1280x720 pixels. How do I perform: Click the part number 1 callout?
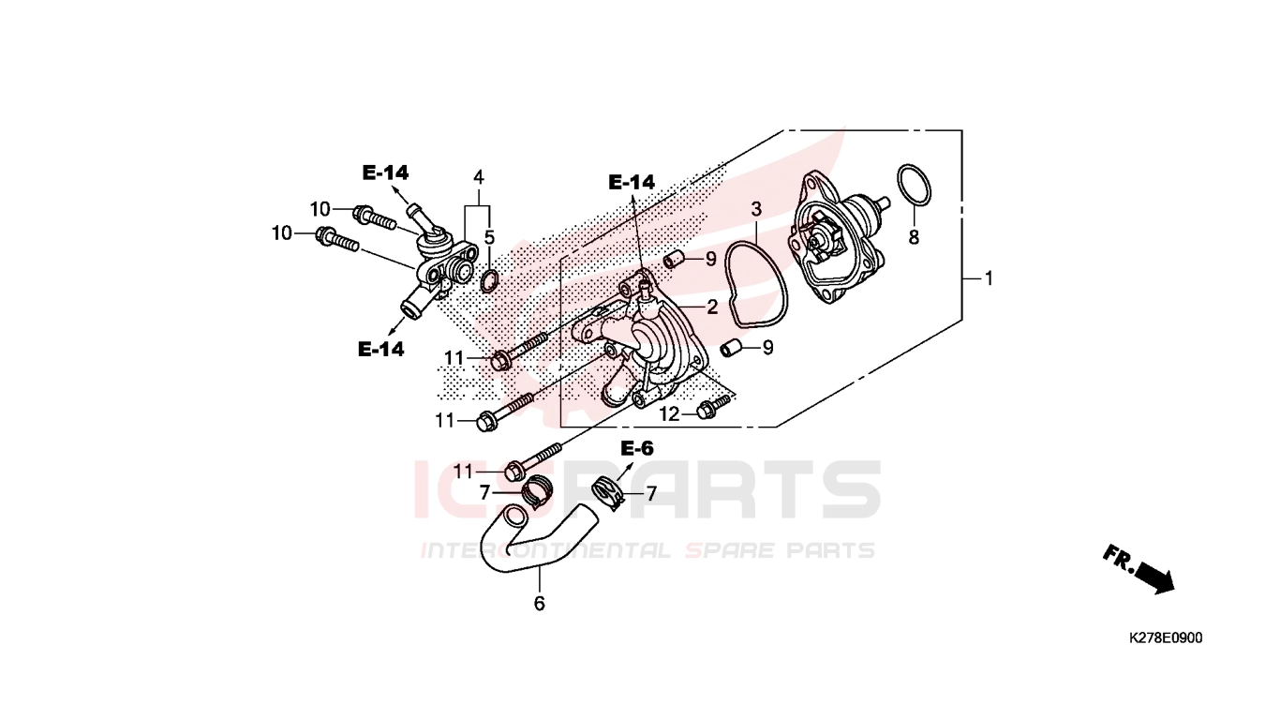click(989, 278)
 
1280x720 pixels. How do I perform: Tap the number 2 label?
click(712, 307)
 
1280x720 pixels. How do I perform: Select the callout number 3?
click(756, 209)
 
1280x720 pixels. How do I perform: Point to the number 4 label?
click(478, 177)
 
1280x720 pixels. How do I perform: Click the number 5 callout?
click(490, 237)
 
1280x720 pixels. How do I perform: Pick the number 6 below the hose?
click(539, 604)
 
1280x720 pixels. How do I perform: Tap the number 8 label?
click(914, 237)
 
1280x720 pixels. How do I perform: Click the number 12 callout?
click(670, 413)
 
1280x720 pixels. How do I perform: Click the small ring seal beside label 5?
click(489, 281)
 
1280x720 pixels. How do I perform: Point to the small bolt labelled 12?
click(713, 405)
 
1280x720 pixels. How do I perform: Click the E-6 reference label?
click(637, 449)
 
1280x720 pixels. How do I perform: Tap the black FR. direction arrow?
click(1154, 577)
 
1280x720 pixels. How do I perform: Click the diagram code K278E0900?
click(1166, 637)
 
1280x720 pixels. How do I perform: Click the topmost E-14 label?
click(386, 172)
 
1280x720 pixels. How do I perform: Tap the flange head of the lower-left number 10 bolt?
click(324, 235)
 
